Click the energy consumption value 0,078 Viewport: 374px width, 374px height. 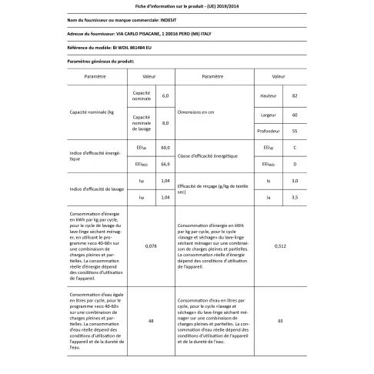point(151,245)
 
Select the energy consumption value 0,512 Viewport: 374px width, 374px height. point(281,245)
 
